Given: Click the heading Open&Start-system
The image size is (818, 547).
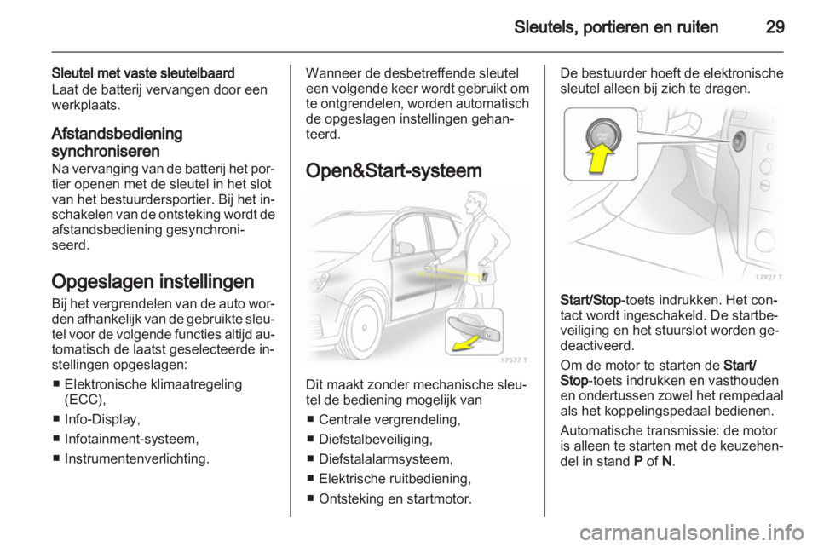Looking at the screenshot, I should pyautogui.click(x=396, y=170).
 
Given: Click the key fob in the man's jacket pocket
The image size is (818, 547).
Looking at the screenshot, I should pyautogui.click(x=483, y=275).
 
